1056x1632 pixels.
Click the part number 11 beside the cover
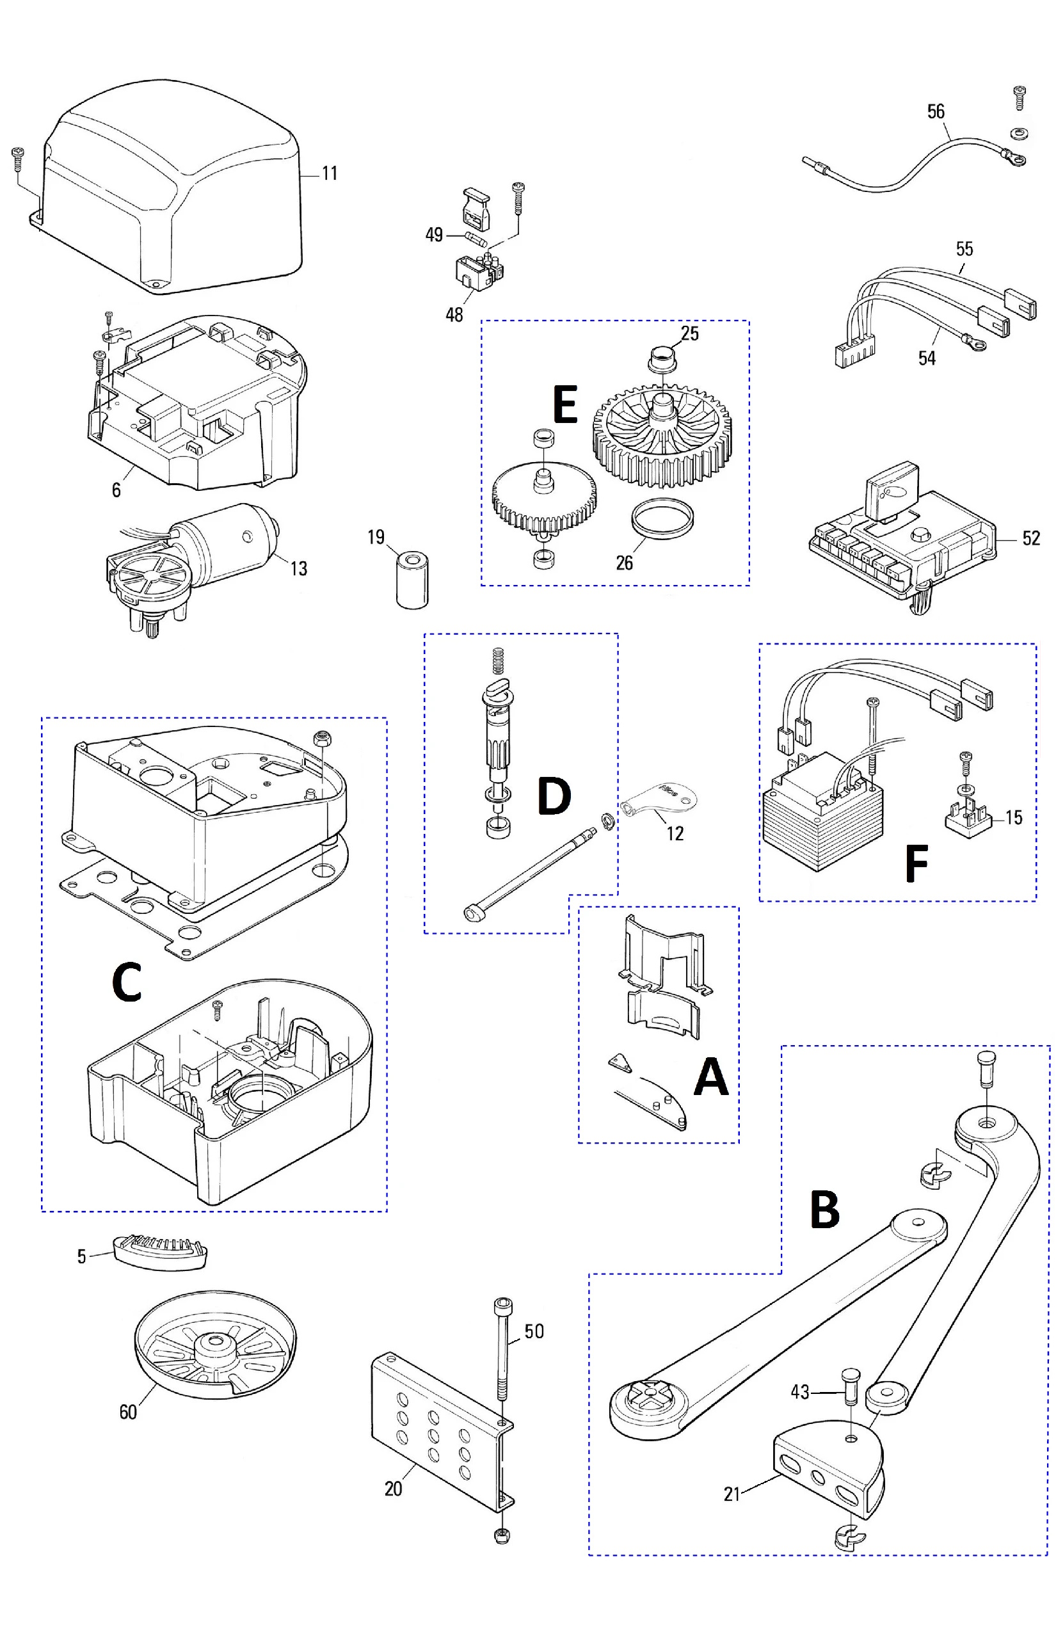click(330, 173)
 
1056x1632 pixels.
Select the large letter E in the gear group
click(565, 405)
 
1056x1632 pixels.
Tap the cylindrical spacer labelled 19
click(412, 582)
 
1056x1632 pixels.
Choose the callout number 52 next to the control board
click(1030, 538)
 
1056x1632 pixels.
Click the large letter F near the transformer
click(916, 864)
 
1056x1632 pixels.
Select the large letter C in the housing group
click(127, 982)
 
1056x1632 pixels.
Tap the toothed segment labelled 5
click(161, 1252)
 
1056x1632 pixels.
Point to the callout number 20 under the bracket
click(394, 1489)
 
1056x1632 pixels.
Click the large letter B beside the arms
click(825, 1210)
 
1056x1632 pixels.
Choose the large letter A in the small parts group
click(711, 1077)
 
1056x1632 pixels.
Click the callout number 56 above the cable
click(935, 112)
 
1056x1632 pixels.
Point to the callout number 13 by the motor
click(299, 568)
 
